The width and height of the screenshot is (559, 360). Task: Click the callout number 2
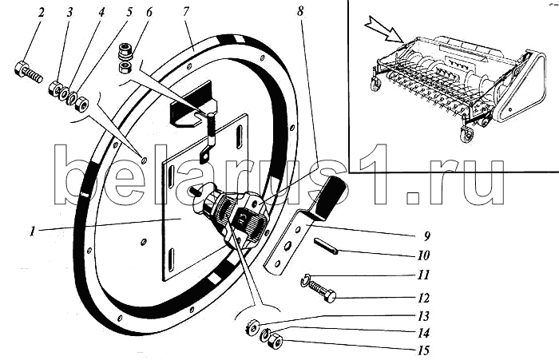(42, 13)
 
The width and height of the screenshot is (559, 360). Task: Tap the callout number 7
(186, 12)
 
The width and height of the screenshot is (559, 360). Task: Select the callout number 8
(300, 11)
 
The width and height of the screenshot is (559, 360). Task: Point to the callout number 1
(33, 231)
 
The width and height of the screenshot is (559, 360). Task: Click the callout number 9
(426, 235)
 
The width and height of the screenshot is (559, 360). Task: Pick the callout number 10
(423, 255)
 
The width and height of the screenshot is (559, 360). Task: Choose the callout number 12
(423, 298)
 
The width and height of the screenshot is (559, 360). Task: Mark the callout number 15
(423, 350)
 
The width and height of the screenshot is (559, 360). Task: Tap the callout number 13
(423, 316)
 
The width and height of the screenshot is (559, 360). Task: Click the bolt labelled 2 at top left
(28, 72)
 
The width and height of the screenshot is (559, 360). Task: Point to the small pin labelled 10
(326, 247)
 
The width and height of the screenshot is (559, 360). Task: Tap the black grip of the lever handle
(332, 196)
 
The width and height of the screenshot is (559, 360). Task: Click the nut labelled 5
(82, 104)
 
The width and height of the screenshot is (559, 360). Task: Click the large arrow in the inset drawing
(385, 30)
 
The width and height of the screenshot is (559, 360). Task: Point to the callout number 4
(101, 13)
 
